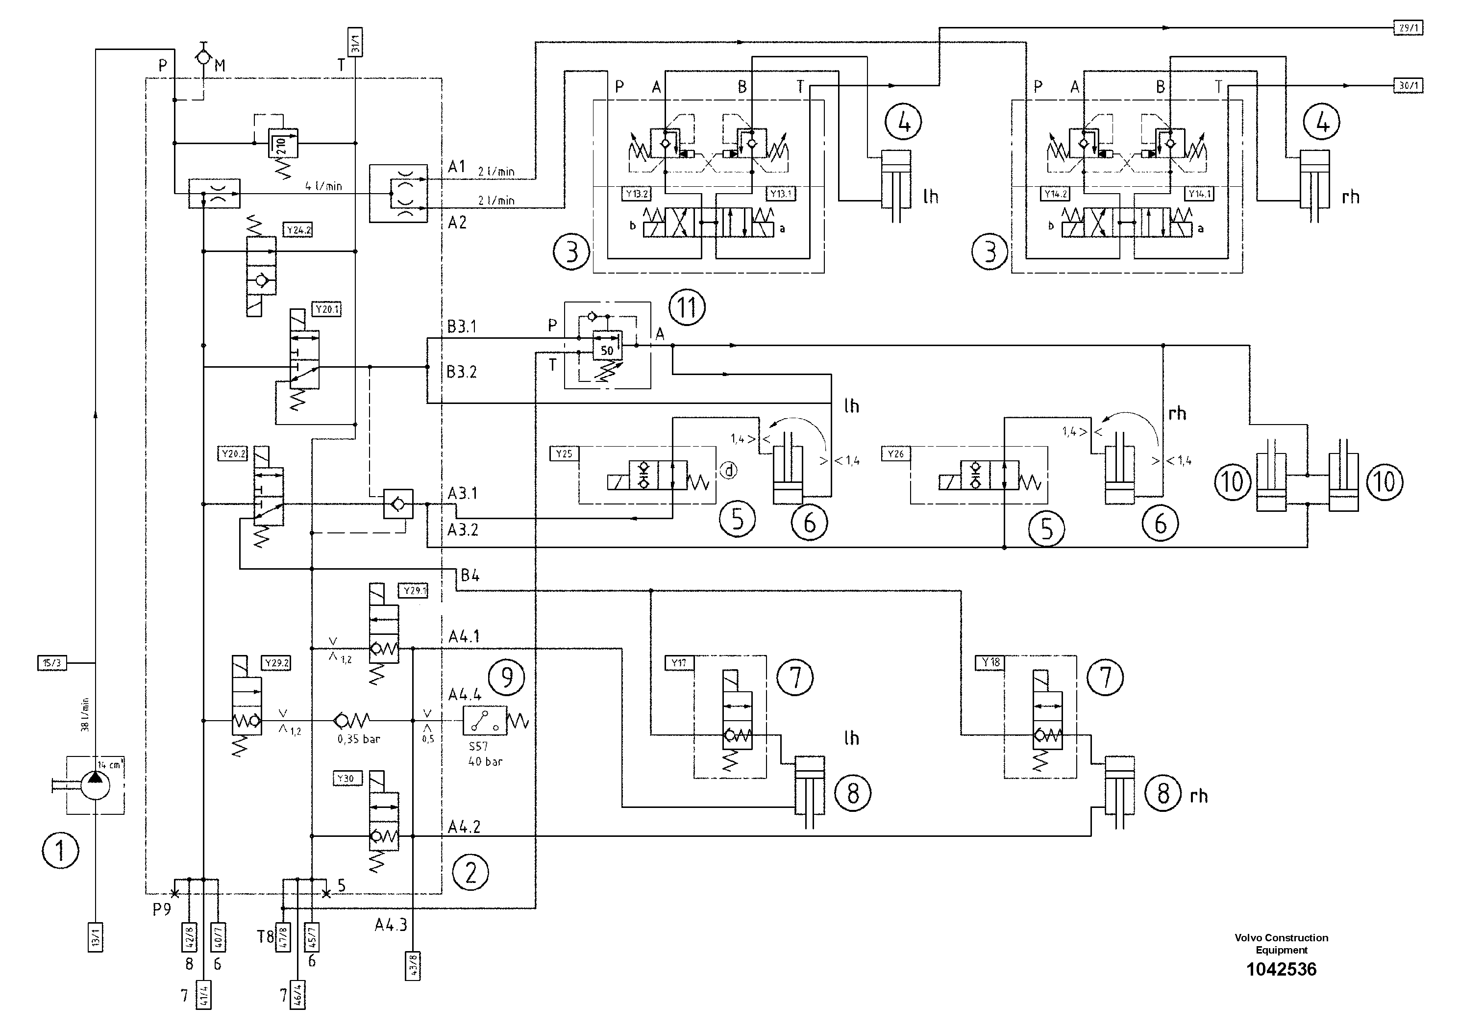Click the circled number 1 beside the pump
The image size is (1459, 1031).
60,851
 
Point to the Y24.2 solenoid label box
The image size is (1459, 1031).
298,230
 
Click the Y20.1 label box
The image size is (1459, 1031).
327,309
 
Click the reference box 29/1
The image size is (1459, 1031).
1407,28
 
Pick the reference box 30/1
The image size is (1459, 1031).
1407,86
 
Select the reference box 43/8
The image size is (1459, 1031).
414,965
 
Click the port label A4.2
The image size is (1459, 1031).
464,827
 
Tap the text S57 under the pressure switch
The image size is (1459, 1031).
478,746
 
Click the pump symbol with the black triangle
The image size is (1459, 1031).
95,786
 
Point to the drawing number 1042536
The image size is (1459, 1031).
1281,969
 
